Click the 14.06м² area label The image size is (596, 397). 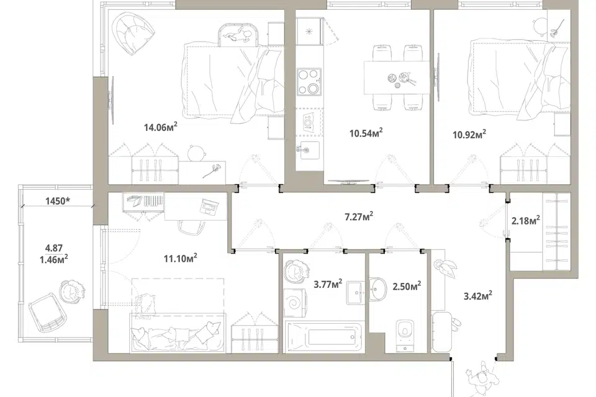pyautogui.click(x=160, y=127)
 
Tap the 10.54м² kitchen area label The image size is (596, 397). pyautogui.click(x=366, y=133)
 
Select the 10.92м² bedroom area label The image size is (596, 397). pyautogui.click(x=469, y=134)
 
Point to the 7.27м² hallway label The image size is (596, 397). pyautogui.click(x=358, y=216)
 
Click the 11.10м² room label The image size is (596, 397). pyautogui.click(x=180, y=258)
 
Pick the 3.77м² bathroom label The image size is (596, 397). pyautogui.click(x=328, y=283)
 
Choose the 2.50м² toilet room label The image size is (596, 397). pyautogui.click(x=406, y=286)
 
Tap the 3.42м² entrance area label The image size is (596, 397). pyautogui.click(x=478, y=295)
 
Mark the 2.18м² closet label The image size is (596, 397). pyautogui.click(x=526, y=220)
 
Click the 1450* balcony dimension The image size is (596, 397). pyautogui.click(x=57, y=201)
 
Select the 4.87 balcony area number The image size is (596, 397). pyautogui.click(x=53, y=248)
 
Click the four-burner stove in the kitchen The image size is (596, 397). pyautogui.click(x=309, y=81)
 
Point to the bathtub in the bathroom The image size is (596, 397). pyautogui.click(x=325, y=336)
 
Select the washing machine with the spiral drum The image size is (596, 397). pyautogui.click(x=294, y=303)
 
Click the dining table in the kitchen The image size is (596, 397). pyautogui.click(x=397, y=78)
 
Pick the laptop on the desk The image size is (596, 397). pyautogui.click(x=209, y=207)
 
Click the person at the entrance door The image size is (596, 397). pyautogui.click(x=482, y=377)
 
